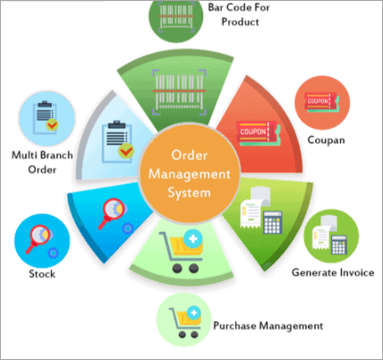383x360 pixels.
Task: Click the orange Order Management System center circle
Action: coord(190,174)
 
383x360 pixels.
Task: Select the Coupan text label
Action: coord(327,140)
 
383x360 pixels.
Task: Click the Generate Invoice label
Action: coord(333,272)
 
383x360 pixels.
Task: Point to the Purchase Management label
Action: coord(268,326)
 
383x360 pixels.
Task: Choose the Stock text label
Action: coord(42,274)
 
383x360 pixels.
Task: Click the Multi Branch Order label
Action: coord(42,162)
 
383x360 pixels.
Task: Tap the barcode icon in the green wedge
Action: coord(179,92)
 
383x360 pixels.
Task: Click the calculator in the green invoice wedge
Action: coord(273,222)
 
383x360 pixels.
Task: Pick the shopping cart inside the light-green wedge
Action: coord(182,252)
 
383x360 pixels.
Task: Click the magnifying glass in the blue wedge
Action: coord(112,212)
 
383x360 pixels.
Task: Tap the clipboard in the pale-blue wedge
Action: coord(117,141)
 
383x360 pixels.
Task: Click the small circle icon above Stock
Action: coord(42,241)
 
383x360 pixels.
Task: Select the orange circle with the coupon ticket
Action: coord(322,102)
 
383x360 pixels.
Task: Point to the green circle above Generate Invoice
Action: coord(331,236)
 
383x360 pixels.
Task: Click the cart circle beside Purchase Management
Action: coord(184,320)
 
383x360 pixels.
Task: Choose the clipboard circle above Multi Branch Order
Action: coord(47,118)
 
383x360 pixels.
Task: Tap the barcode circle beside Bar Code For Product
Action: coord(176,18)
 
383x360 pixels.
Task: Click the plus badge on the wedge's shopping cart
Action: coord(193,239)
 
